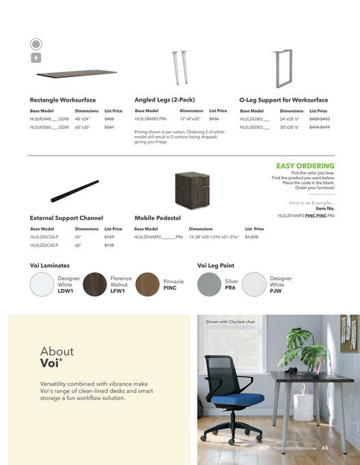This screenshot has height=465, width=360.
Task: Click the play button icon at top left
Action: coord(36,58)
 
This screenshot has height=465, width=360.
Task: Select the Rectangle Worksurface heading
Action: coord(63,100)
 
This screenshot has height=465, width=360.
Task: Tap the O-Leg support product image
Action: coord(281,68)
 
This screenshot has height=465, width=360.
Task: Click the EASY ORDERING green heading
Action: coord(305,166)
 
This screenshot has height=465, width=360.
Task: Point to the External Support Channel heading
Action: coord(66,219)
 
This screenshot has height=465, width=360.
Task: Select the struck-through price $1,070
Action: coord(251,236)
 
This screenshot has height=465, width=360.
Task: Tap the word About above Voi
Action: coord(57,352)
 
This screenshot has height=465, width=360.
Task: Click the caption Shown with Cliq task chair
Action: coord(230,322)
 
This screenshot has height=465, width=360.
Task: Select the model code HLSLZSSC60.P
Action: coord(44,244)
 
